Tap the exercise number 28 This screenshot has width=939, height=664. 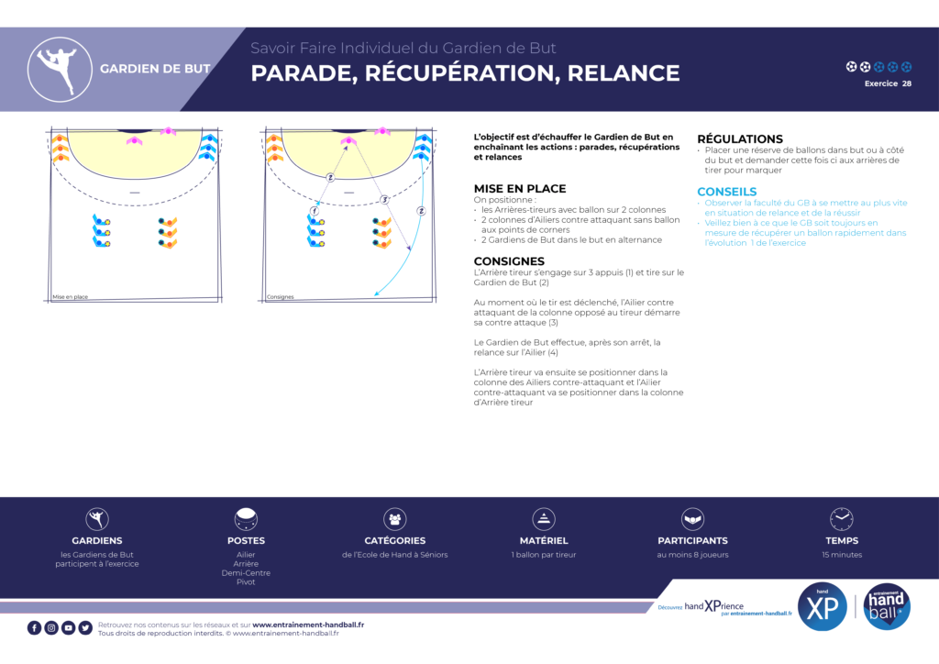pos(906,83)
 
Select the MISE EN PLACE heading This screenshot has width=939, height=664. pos(520,188)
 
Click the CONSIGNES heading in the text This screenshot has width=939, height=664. pos(510,261)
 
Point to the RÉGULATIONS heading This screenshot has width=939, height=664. pos(740,138)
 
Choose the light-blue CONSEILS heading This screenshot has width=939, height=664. pos(726,192)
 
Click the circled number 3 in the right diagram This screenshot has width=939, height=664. pos(384,199)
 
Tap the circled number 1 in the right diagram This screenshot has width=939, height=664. pos(315,211)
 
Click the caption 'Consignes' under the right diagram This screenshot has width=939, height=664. pos(280,297)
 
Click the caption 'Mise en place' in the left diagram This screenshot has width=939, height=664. pos(70,297)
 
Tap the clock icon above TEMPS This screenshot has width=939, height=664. pos(841,519)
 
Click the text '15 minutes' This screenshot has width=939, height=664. pos(842,555)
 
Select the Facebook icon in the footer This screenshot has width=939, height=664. pos(35,627)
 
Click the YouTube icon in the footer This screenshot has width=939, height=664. pos(69,627)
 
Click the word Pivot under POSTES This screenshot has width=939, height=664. pos(246,582)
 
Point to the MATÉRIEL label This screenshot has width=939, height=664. pos(544,541)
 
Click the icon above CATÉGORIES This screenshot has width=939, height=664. pos(395,519)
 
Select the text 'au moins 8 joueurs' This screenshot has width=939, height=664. pos(692,555)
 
